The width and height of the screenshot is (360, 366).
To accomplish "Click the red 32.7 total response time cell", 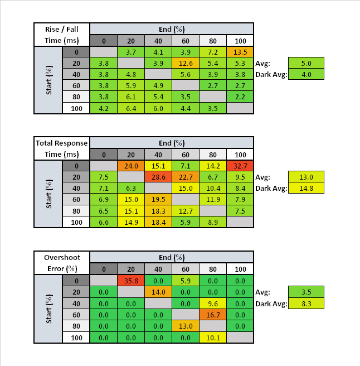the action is click(x=240, y=166).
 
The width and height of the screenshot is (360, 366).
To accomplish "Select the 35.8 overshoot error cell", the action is click(x=131, y=281).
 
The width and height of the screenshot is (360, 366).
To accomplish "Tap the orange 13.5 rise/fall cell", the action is click(x=240, y=52).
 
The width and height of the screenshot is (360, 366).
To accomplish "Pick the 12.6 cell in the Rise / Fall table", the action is click(x=186, y=63).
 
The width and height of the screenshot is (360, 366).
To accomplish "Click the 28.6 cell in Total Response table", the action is click(x=158, y=177).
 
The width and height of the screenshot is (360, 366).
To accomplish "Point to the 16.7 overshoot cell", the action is click(x=213, y=315).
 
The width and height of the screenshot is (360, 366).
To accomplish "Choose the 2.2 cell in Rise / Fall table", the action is click(x=240, y=97).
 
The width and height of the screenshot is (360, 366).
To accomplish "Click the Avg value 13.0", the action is click(x=306, y=177).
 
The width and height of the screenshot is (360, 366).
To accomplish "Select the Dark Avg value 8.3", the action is click(x=306, y=304).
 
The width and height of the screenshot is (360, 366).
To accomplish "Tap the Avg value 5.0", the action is click(x=306, y=63).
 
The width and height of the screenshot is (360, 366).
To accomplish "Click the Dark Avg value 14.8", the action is click(x=306, y=188).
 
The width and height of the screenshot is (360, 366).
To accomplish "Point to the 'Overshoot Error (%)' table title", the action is click(x=62, y=263).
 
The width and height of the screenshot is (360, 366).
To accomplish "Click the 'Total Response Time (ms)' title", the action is click(x=62, y=148).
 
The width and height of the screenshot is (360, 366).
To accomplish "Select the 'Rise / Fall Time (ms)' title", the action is click(x=62, y=35).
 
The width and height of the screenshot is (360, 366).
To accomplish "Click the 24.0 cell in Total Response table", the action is click(x=131, y=166).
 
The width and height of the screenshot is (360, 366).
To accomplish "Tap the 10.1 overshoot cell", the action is click(x=213, y=338).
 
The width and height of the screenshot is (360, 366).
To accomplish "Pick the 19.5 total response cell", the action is click(x=158, y=200).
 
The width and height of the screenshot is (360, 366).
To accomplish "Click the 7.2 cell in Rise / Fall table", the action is click(x=213, y=52).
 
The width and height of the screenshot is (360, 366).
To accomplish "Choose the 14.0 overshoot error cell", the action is click(x=158, y=292).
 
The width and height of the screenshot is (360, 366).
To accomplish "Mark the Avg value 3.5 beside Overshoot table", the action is click(x=306, y=292).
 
